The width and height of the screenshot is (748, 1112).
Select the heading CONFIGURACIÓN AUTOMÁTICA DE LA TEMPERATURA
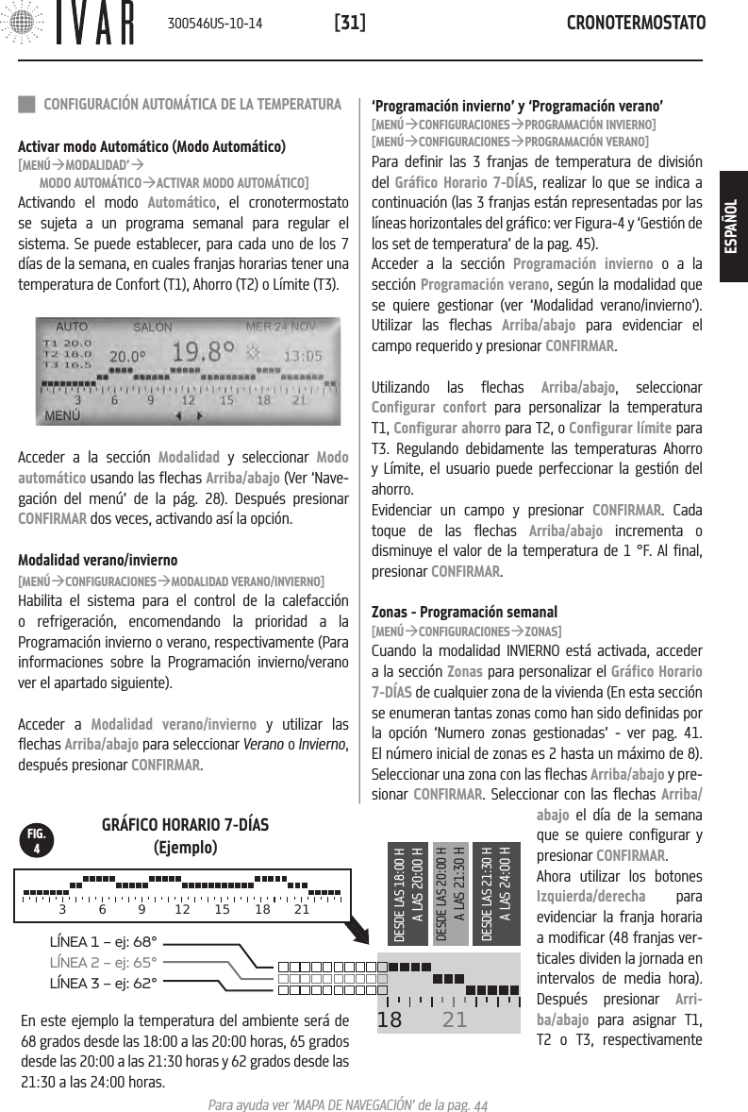(x=192, y=103)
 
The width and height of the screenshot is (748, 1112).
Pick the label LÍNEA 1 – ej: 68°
(x=103, y=940)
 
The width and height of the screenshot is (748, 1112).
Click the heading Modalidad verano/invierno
(x=98, y=560)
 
